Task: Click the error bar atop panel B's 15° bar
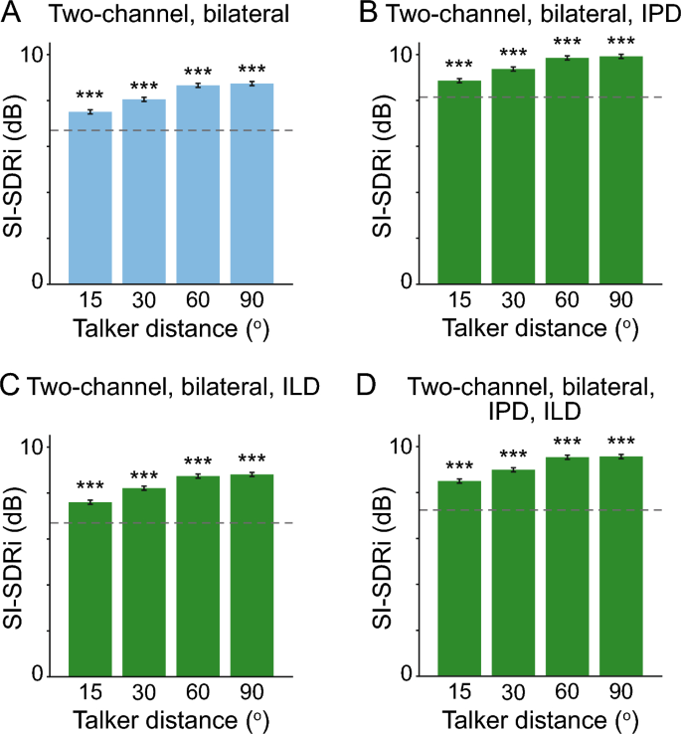point(462,81)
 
